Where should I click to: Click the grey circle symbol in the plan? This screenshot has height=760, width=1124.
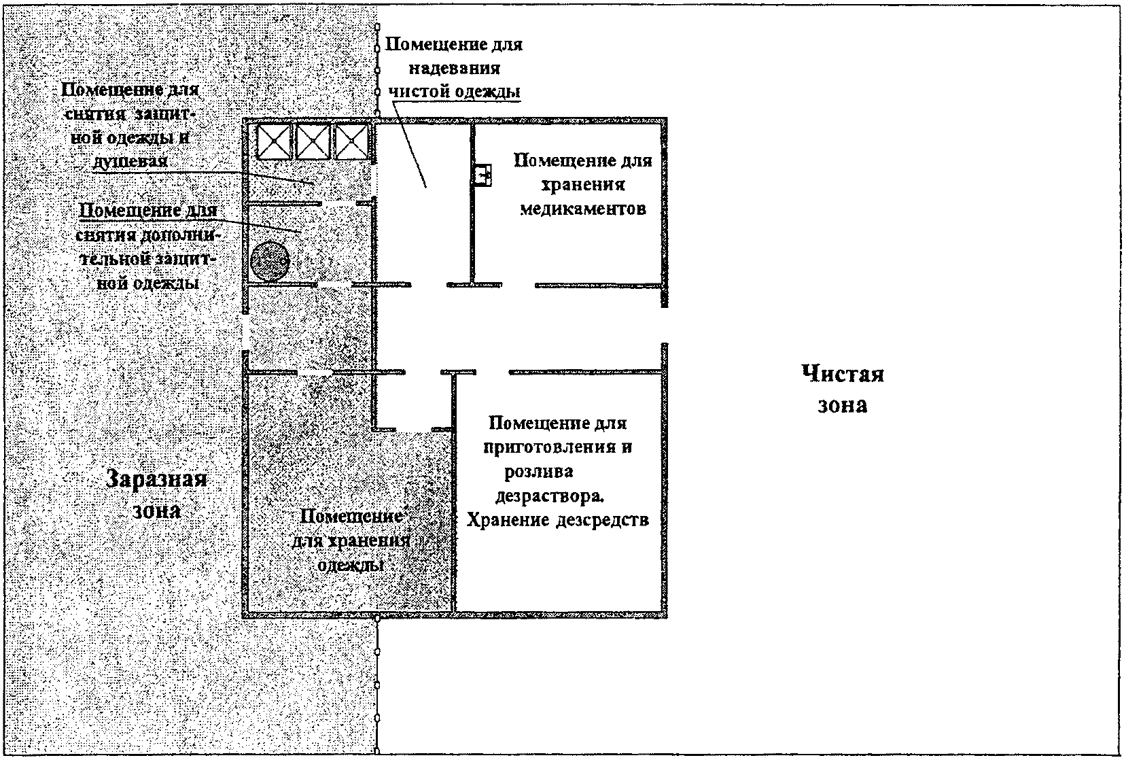tap(270, 260)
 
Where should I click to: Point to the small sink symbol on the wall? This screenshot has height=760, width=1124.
tap(483, 174)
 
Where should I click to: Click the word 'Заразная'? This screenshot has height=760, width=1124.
tap(157, 479)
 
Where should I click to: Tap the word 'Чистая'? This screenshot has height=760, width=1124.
tap(842, 374)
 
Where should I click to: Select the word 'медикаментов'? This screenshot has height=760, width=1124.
tap(582, 209)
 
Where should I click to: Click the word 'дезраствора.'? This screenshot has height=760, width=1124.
tap(550, 496)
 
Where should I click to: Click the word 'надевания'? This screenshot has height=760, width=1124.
tap(453, 68)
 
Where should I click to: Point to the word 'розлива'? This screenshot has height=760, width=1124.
tap(540, 471)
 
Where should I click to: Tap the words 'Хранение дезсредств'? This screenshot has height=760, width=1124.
tap(558, 520)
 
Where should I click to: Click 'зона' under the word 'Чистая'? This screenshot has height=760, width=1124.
tap(842, 406)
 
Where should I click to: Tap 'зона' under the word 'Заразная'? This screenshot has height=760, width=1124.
tap(157, 510)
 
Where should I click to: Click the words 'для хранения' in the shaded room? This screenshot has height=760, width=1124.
tap(351, 541)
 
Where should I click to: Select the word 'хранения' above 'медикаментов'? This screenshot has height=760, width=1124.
tap(582, 185)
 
